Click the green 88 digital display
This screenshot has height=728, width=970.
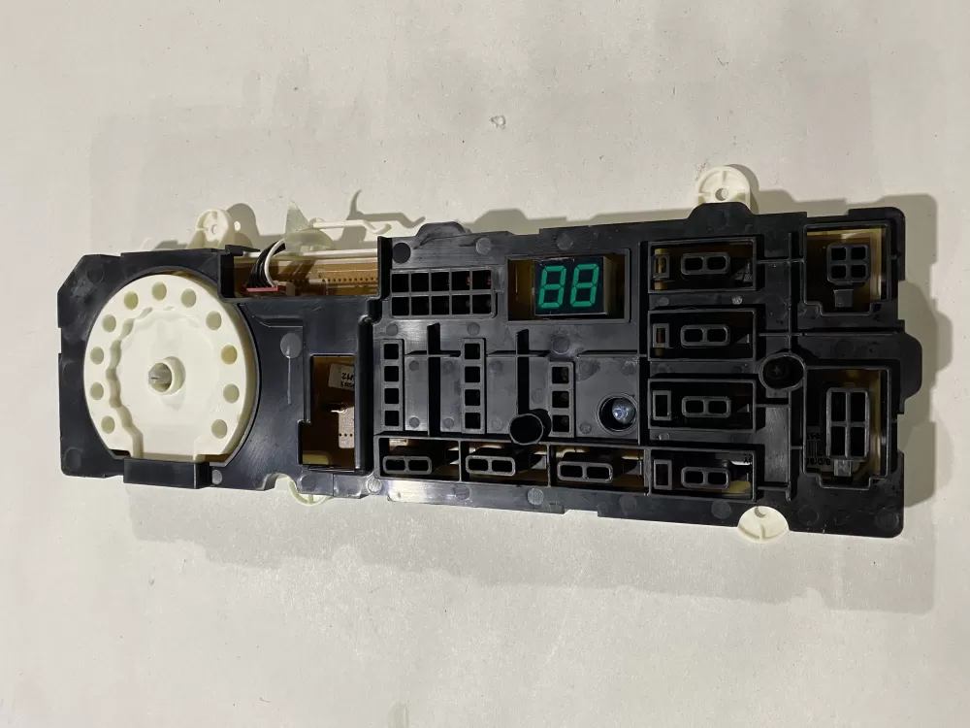point(566,284)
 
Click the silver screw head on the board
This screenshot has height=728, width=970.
point(615,411)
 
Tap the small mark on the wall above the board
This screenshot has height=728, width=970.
point(498,121)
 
